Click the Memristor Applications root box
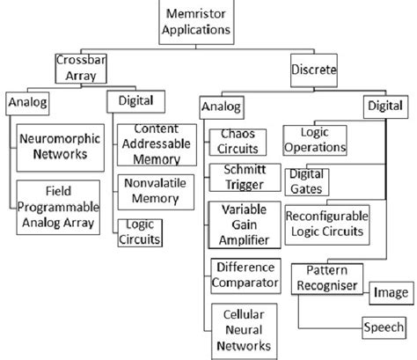click(194, 20)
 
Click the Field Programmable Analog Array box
click(59, 203)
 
